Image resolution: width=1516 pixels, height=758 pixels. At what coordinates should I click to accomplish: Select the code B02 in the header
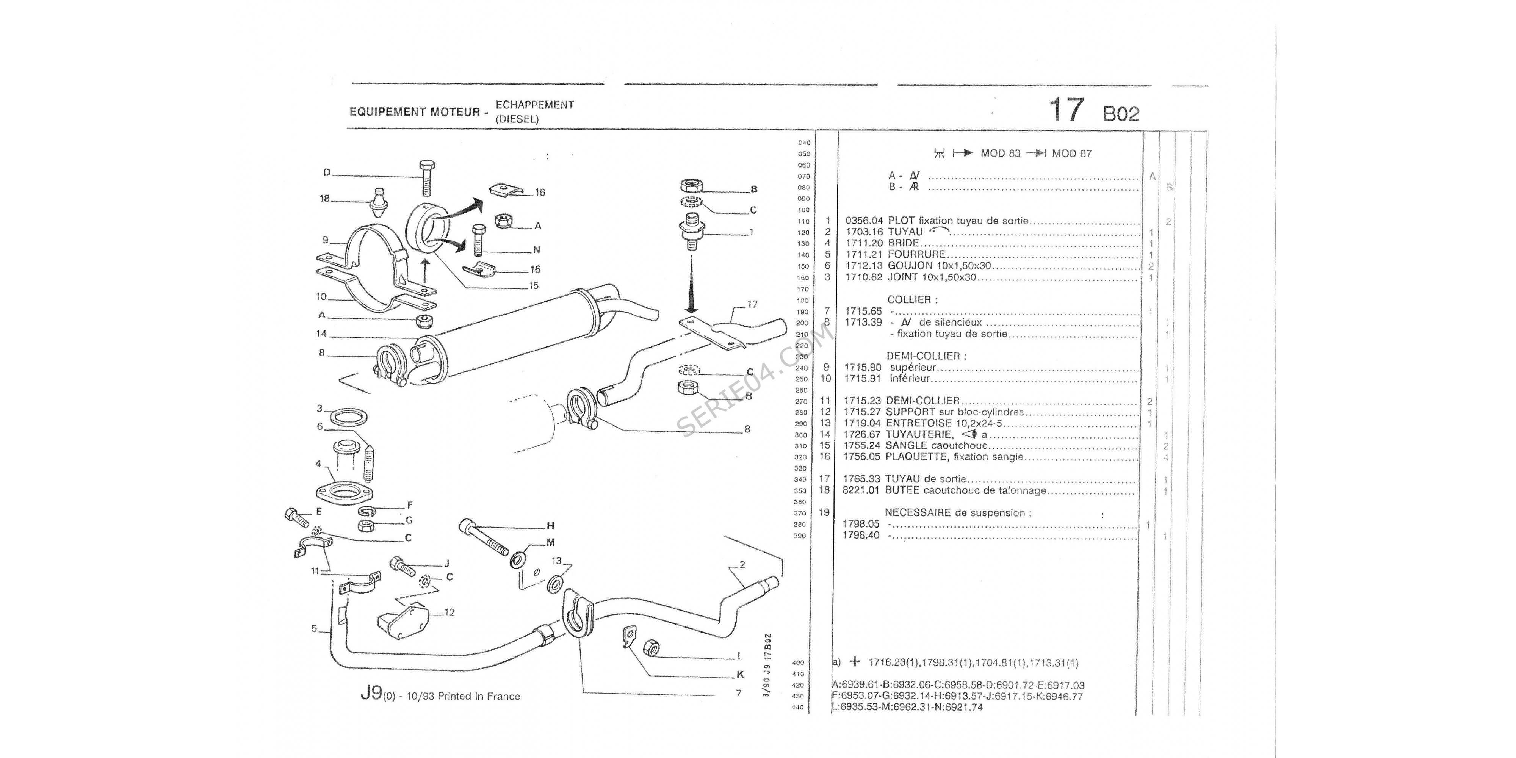pos(1121,114)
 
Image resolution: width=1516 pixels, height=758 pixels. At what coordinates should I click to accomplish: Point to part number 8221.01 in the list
pos(861,490)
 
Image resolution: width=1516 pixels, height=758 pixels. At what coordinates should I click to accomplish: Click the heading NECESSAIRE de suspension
pos(957,512)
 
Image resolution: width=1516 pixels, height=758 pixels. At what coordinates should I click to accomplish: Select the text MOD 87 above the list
pos(1072,153)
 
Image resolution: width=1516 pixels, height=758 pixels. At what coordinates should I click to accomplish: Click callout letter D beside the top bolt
pos(327,172)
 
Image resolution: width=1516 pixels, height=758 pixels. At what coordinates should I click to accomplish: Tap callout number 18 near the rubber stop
pos(325,199)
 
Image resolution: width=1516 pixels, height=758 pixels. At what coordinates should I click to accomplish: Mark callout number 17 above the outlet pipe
pos(752,304)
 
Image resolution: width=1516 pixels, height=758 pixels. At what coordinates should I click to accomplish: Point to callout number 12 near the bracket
pos(449,612)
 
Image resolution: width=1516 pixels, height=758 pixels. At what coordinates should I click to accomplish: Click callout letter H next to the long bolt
pos(551,526)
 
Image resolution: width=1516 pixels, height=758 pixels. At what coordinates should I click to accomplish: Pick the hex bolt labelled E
pos(297,518)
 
